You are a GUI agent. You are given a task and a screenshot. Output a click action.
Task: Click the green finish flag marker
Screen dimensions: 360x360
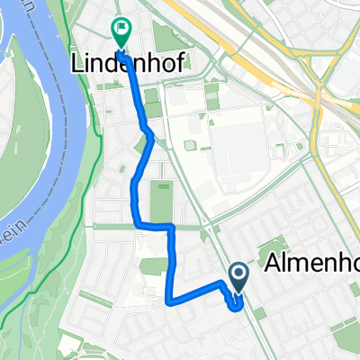click(x=121, y=32)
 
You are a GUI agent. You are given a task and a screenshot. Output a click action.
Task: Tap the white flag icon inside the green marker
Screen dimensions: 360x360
click(x=121, y=29)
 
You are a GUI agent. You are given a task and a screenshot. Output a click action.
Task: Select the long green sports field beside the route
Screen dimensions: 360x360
click(x=162, y=202)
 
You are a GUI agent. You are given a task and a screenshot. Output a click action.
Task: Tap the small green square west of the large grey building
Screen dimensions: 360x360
click(x=191, y=146)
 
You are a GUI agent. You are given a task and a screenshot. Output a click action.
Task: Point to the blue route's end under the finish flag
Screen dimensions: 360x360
click(x=121, y=54)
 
